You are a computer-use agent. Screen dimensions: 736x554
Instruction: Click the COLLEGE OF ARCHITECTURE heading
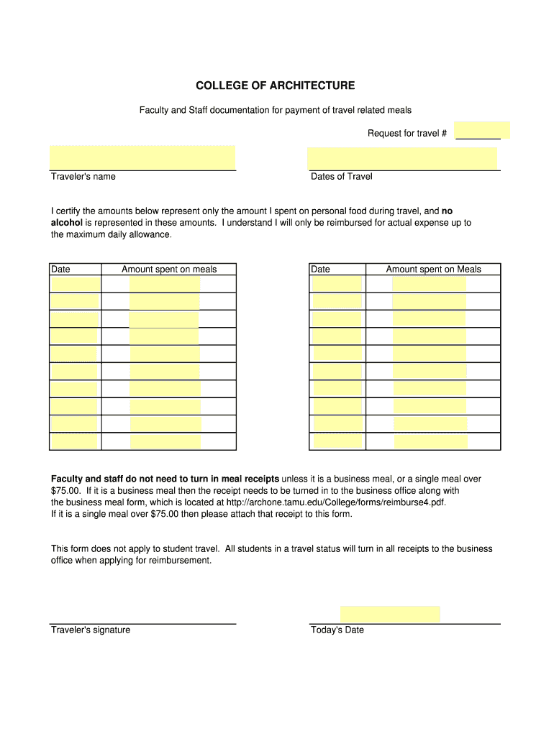pyautogui.click(x=275, y=86)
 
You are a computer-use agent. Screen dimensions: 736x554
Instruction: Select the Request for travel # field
pyautogui.click(x=482, y=131)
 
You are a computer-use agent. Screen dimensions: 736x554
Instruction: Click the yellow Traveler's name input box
pyautogui.click(x=142, y=157)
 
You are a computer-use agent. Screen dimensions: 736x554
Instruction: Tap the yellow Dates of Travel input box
pyautogui.click(x=402, y=158)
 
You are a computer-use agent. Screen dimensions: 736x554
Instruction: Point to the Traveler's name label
pyautogui.click(x=83, y=177)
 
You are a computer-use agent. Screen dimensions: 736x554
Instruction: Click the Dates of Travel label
pyautogui.click(x=341, y=177)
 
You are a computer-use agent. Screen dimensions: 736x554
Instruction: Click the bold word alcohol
pyautogui.click(x=67, y=223)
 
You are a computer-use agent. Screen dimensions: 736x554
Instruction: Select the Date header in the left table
pyautogui.click(x=61, y=270)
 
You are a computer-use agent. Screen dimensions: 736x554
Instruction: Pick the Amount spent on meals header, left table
pyautogui.click(x=169, y=270)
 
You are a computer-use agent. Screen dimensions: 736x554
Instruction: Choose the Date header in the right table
pyautogui.click(x=321, y=270)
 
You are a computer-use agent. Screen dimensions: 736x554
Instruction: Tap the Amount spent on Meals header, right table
pyautogui.click(x=433, y=270)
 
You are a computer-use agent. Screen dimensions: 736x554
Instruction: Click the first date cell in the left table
pyautogui.click(x=76, y=284)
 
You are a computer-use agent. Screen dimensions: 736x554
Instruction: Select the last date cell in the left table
pyautogui.click(x=75, y=442)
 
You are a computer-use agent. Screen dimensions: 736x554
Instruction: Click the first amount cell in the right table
pyautogui.click(x=429, y=284)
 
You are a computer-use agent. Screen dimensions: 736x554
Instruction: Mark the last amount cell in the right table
pyautogui.click(x=430, y=442)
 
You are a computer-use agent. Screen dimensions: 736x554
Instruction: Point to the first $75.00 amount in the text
pyautogui.click(x=65, y=491)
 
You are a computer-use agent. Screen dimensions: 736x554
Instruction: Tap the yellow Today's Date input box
pyautogui.click(x=390, y=614)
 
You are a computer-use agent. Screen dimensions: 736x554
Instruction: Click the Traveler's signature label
pyautogui.click(x=91, y=630)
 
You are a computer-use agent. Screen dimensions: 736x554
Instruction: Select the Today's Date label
pyautogui.click(x=337, y=630)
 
